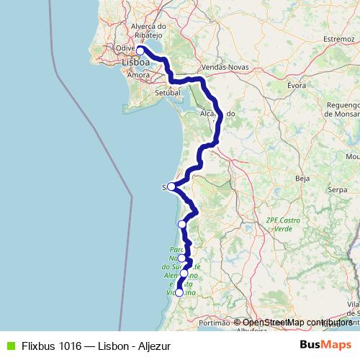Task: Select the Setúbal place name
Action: pos(167,92)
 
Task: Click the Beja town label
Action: pos(302,176)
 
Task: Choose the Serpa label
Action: pos(337,189)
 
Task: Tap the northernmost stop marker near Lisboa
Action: pos(141,51)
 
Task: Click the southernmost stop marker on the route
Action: pos(179,292)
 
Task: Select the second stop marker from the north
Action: pos(171,186)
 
